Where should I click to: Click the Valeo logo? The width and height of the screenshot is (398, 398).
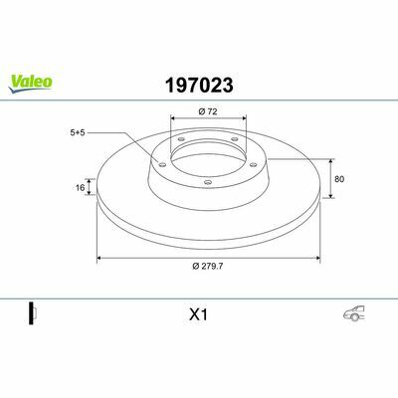point(30,84)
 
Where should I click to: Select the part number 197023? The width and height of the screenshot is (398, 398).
point(199,86)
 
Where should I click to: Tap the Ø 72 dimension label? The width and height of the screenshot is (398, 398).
point(208,111)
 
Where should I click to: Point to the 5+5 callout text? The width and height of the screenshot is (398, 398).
point(78,132)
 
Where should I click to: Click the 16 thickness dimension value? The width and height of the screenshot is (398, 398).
point(80,188)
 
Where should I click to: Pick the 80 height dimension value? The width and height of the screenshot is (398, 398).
point(339,179)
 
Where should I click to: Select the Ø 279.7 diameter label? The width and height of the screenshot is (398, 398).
point(208,266)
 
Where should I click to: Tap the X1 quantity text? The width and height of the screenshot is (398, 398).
point(198,314)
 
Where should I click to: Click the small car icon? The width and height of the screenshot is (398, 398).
point(354,313)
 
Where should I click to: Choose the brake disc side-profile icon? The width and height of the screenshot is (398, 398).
point(33,313)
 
